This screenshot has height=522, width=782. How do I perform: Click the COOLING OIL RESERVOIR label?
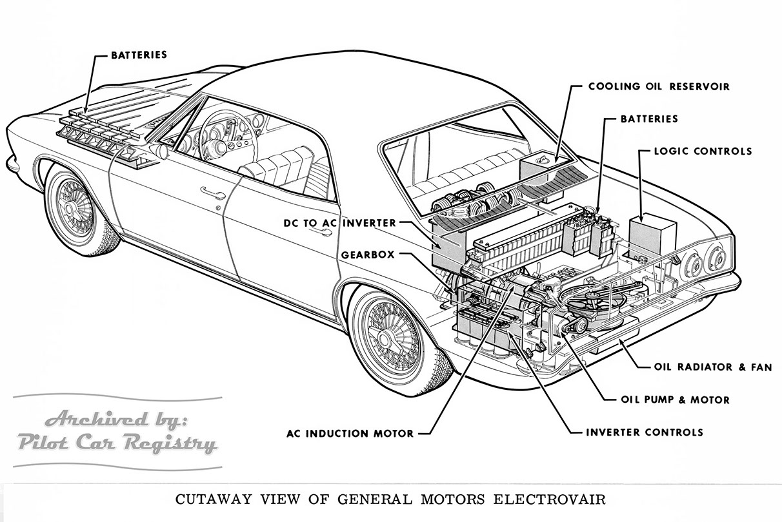(659, 86)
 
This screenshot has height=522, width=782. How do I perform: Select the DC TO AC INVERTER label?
(339, 223)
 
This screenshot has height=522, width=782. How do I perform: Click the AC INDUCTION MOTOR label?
(350, 433)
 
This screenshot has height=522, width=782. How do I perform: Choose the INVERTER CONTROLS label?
(644, 432)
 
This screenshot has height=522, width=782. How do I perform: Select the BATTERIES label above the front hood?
(139, 55)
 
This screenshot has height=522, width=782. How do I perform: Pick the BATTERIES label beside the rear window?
(648, 119)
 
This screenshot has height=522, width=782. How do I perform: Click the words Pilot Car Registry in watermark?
(116, 443)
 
